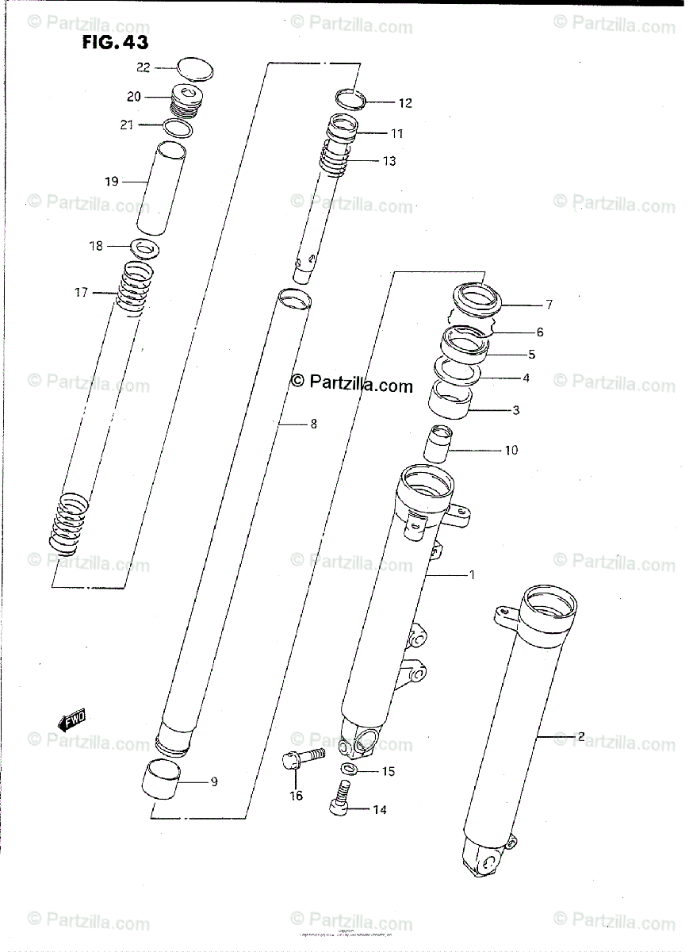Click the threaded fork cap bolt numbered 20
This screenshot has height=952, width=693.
coord(187,102)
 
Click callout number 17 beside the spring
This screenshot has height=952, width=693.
coord(82,293)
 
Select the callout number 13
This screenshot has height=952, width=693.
coord(389,161)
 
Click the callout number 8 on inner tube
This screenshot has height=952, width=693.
coord(313,424)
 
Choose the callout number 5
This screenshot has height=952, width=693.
coord(531,355)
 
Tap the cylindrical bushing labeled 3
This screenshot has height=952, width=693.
coord(450,398)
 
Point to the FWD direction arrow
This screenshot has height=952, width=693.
coord(71,719)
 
